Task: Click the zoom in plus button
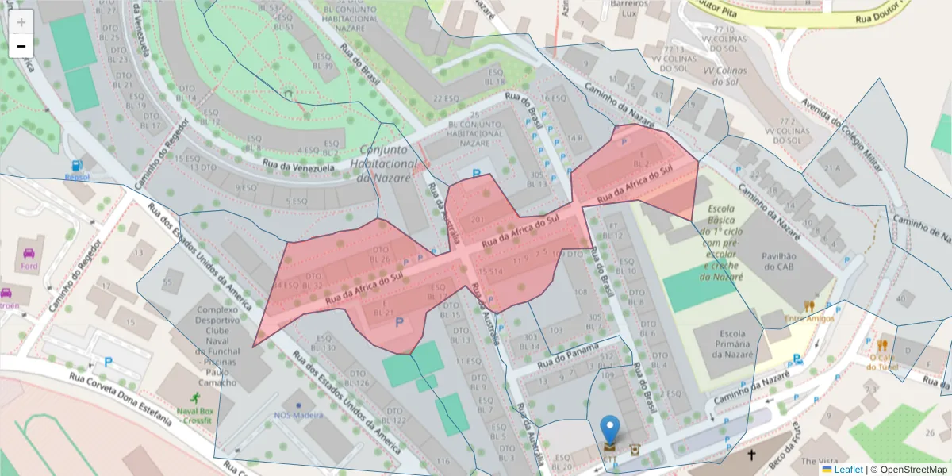click(x=21, y=21)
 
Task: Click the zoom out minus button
click(x=21, y=46)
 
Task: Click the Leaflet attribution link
click(x=847, y=470)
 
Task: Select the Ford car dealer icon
click(x=29, y=254)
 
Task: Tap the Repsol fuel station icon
click(x=76, y=167)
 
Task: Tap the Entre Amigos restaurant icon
click(x=809, y=305)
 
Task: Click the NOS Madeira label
click(x=298, y=414)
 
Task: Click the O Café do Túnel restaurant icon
click(x=882, y=345)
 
